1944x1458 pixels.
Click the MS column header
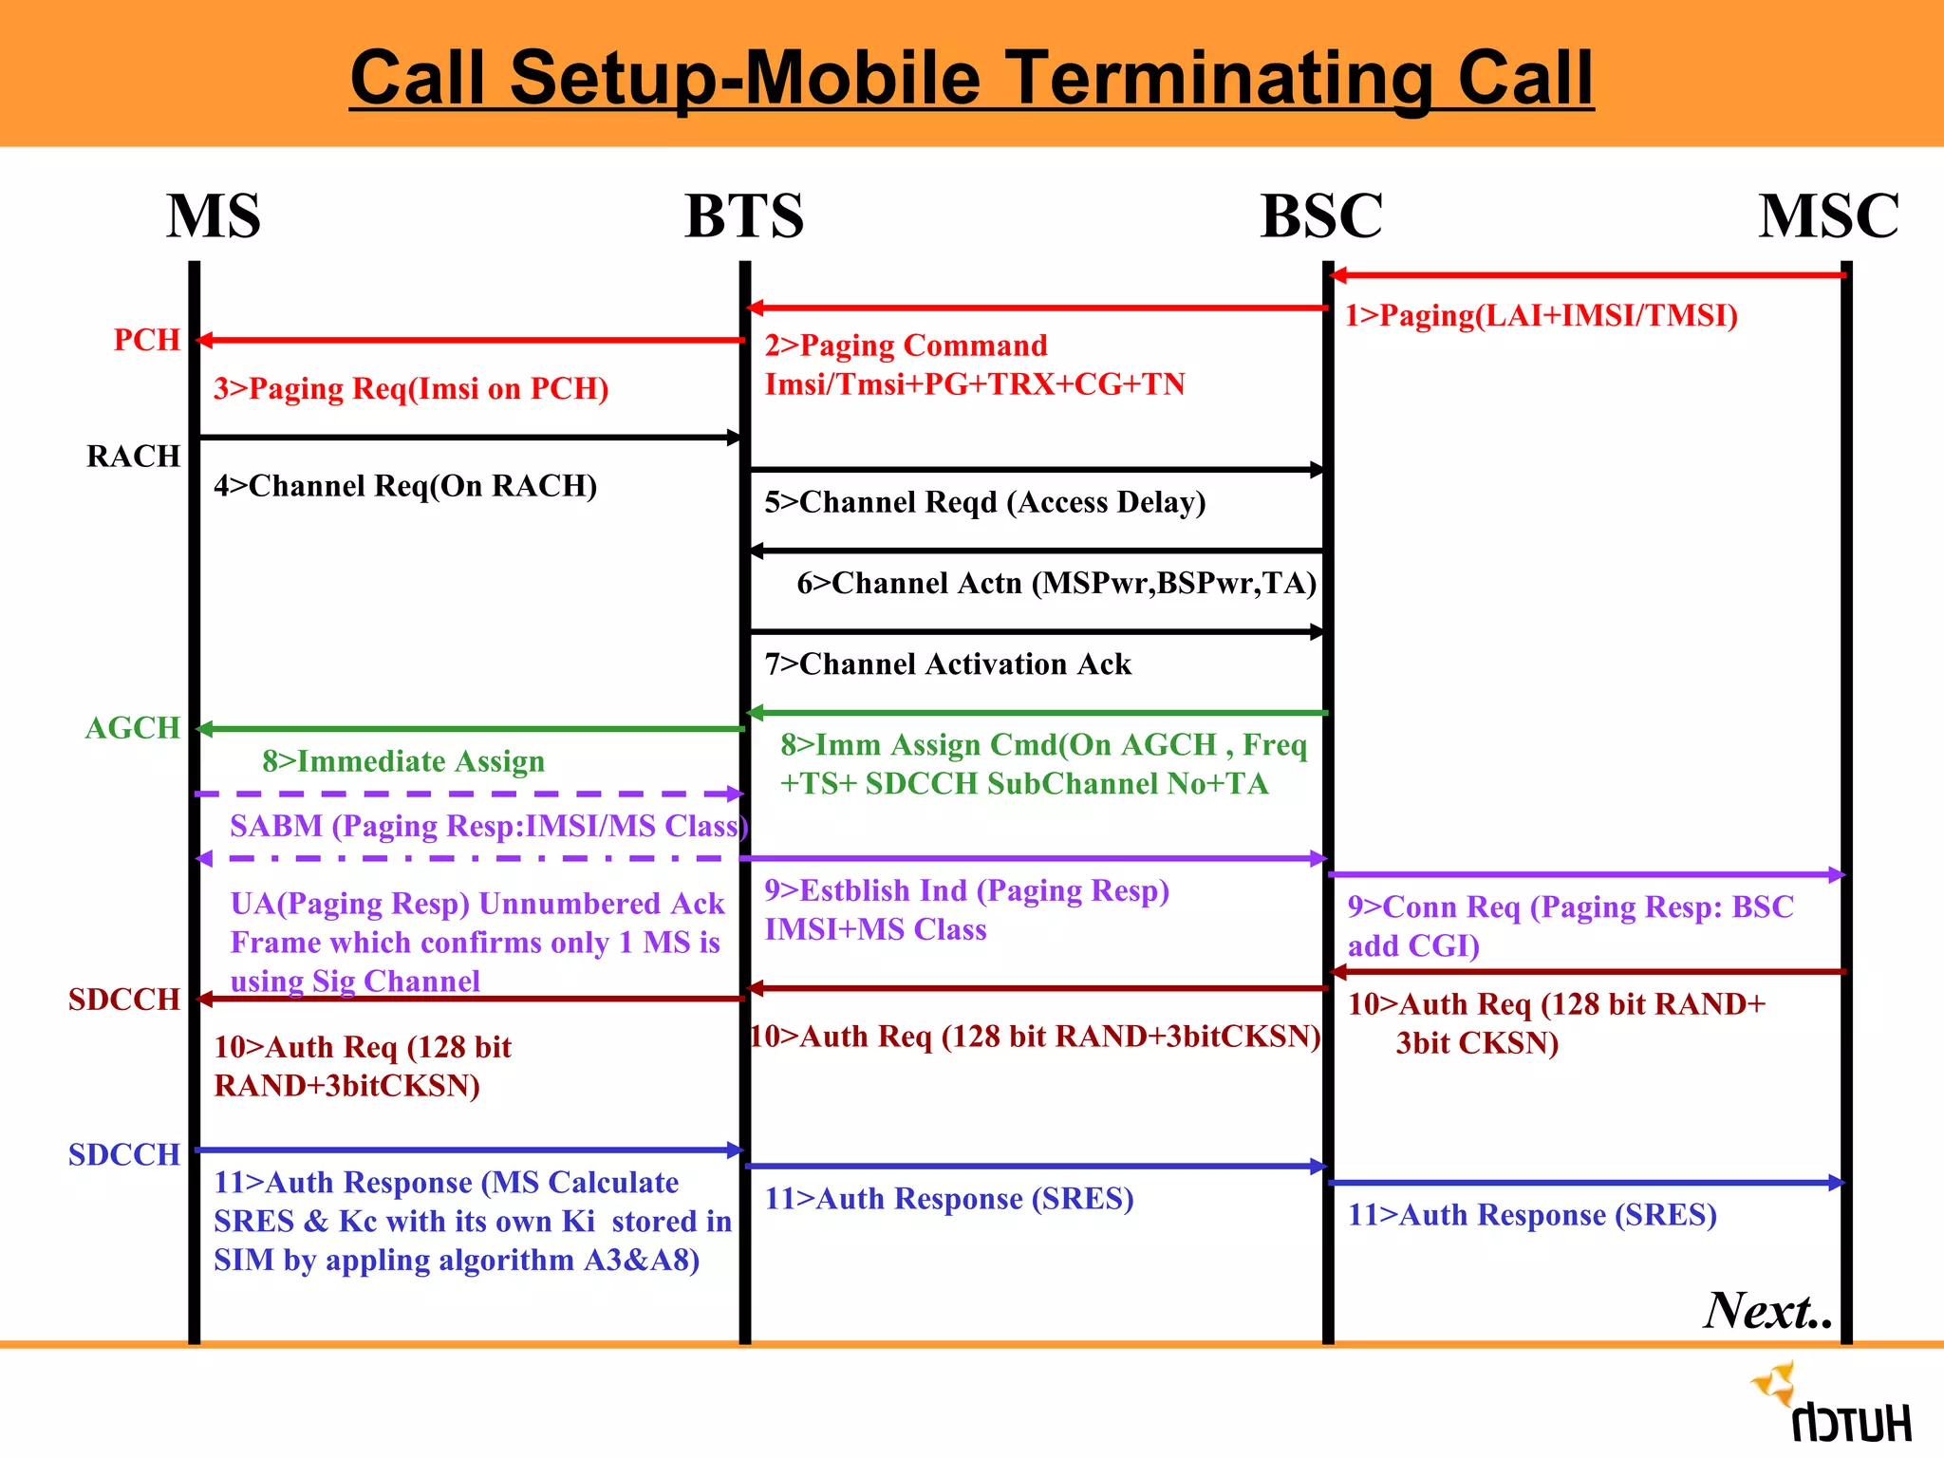(214, 216)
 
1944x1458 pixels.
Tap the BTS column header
(744, 216)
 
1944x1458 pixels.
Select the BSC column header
(1321, 216)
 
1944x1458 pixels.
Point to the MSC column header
(1828, 216)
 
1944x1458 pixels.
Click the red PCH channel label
(146, 340)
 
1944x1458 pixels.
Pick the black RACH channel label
(133, 457)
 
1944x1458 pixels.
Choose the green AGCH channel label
(132, 728)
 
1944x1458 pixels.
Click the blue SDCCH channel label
(123, 1155)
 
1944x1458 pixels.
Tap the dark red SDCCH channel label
(123, 1000)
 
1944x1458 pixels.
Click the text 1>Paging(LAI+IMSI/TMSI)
(1541, 315)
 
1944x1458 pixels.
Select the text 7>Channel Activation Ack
(947, 664)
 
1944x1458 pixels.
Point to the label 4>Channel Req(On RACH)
(405, 486)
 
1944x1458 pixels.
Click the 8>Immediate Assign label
(403, 761)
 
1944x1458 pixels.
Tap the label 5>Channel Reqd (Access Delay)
(984, 502)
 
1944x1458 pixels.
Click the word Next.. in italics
(1767, 1311)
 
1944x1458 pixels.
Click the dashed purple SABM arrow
(470, 794)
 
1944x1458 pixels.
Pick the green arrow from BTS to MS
(470, 729)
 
